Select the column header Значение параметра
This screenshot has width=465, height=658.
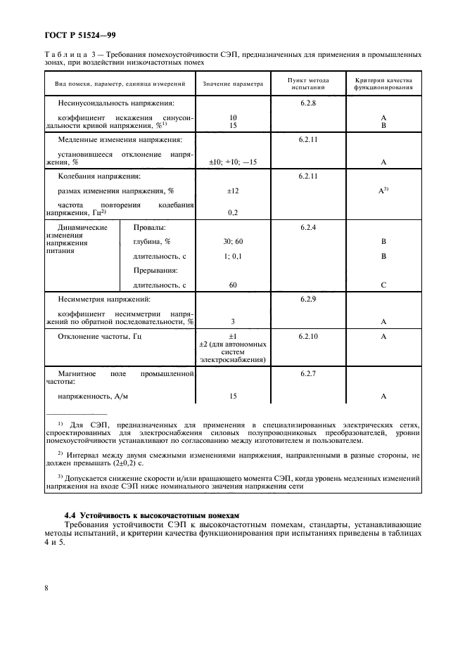point(233,84)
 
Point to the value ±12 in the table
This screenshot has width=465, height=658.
point(233,191)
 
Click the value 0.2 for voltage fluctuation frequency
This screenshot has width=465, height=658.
point(233,212)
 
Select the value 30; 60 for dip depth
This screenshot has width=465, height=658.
point(233,242)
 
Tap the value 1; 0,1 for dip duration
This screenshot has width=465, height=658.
point(233,257)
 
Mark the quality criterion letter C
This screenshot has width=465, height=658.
point(384,285)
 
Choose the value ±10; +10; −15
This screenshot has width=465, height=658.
point(233,162)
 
